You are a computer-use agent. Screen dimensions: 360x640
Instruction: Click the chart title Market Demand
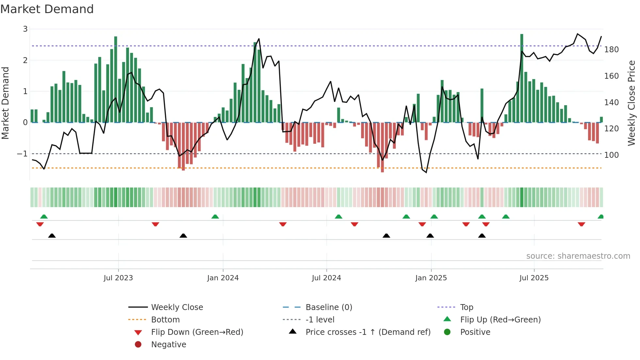coord(47,9)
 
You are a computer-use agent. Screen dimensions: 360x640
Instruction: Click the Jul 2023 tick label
coord(118,278)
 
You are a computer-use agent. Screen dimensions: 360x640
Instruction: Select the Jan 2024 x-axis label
coord(223,278)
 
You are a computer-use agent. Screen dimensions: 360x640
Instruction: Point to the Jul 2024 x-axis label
coord(326,278)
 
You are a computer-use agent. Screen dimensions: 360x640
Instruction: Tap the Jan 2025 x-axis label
coord(431,278)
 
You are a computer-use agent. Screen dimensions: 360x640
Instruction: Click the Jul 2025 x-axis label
coord(534,278)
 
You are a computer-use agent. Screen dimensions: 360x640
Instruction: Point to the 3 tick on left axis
coord(25,29)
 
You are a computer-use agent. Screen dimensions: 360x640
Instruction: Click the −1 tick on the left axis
coord(23,154)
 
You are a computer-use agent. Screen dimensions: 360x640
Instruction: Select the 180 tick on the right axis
coord(611,50)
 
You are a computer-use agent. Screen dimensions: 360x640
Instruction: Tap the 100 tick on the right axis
coord(611,155)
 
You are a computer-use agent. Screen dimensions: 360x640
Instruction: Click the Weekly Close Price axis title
coord(632,103)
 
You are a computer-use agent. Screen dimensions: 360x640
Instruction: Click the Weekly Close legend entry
coord(177,307)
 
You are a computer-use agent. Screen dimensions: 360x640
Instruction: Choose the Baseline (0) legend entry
coord(328,307)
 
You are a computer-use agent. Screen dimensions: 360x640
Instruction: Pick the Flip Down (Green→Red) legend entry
coord(197,332)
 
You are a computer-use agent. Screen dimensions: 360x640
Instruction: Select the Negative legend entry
coord(168,345)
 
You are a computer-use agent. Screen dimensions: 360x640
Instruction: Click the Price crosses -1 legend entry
coord(368,332)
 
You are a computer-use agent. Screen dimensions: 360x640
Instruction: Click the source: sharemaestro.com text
coord(578,256)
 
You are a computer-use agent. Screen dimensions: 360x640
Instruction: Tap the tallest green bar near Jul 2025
coord(522,78)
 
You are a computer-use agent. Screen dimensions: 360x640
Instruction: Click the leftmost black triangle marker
coord(52,236)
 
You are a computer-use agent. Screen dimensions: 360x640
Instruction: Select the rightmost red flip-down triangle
coord(581,224)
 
